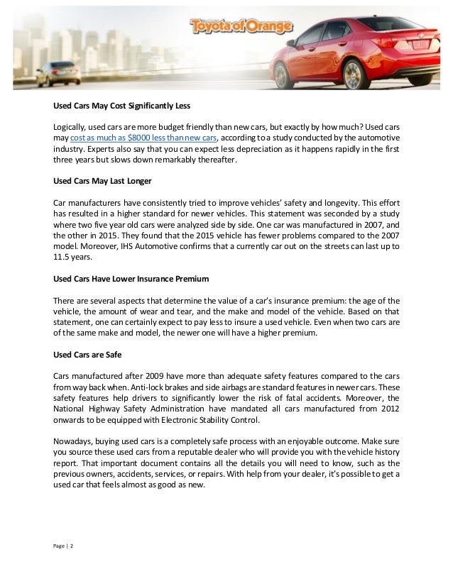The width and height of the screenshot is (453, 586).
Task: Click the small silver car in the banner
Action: click(58, 72)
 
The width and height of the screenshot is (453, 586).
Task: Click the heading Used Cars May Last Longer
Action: click(102, 181)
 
